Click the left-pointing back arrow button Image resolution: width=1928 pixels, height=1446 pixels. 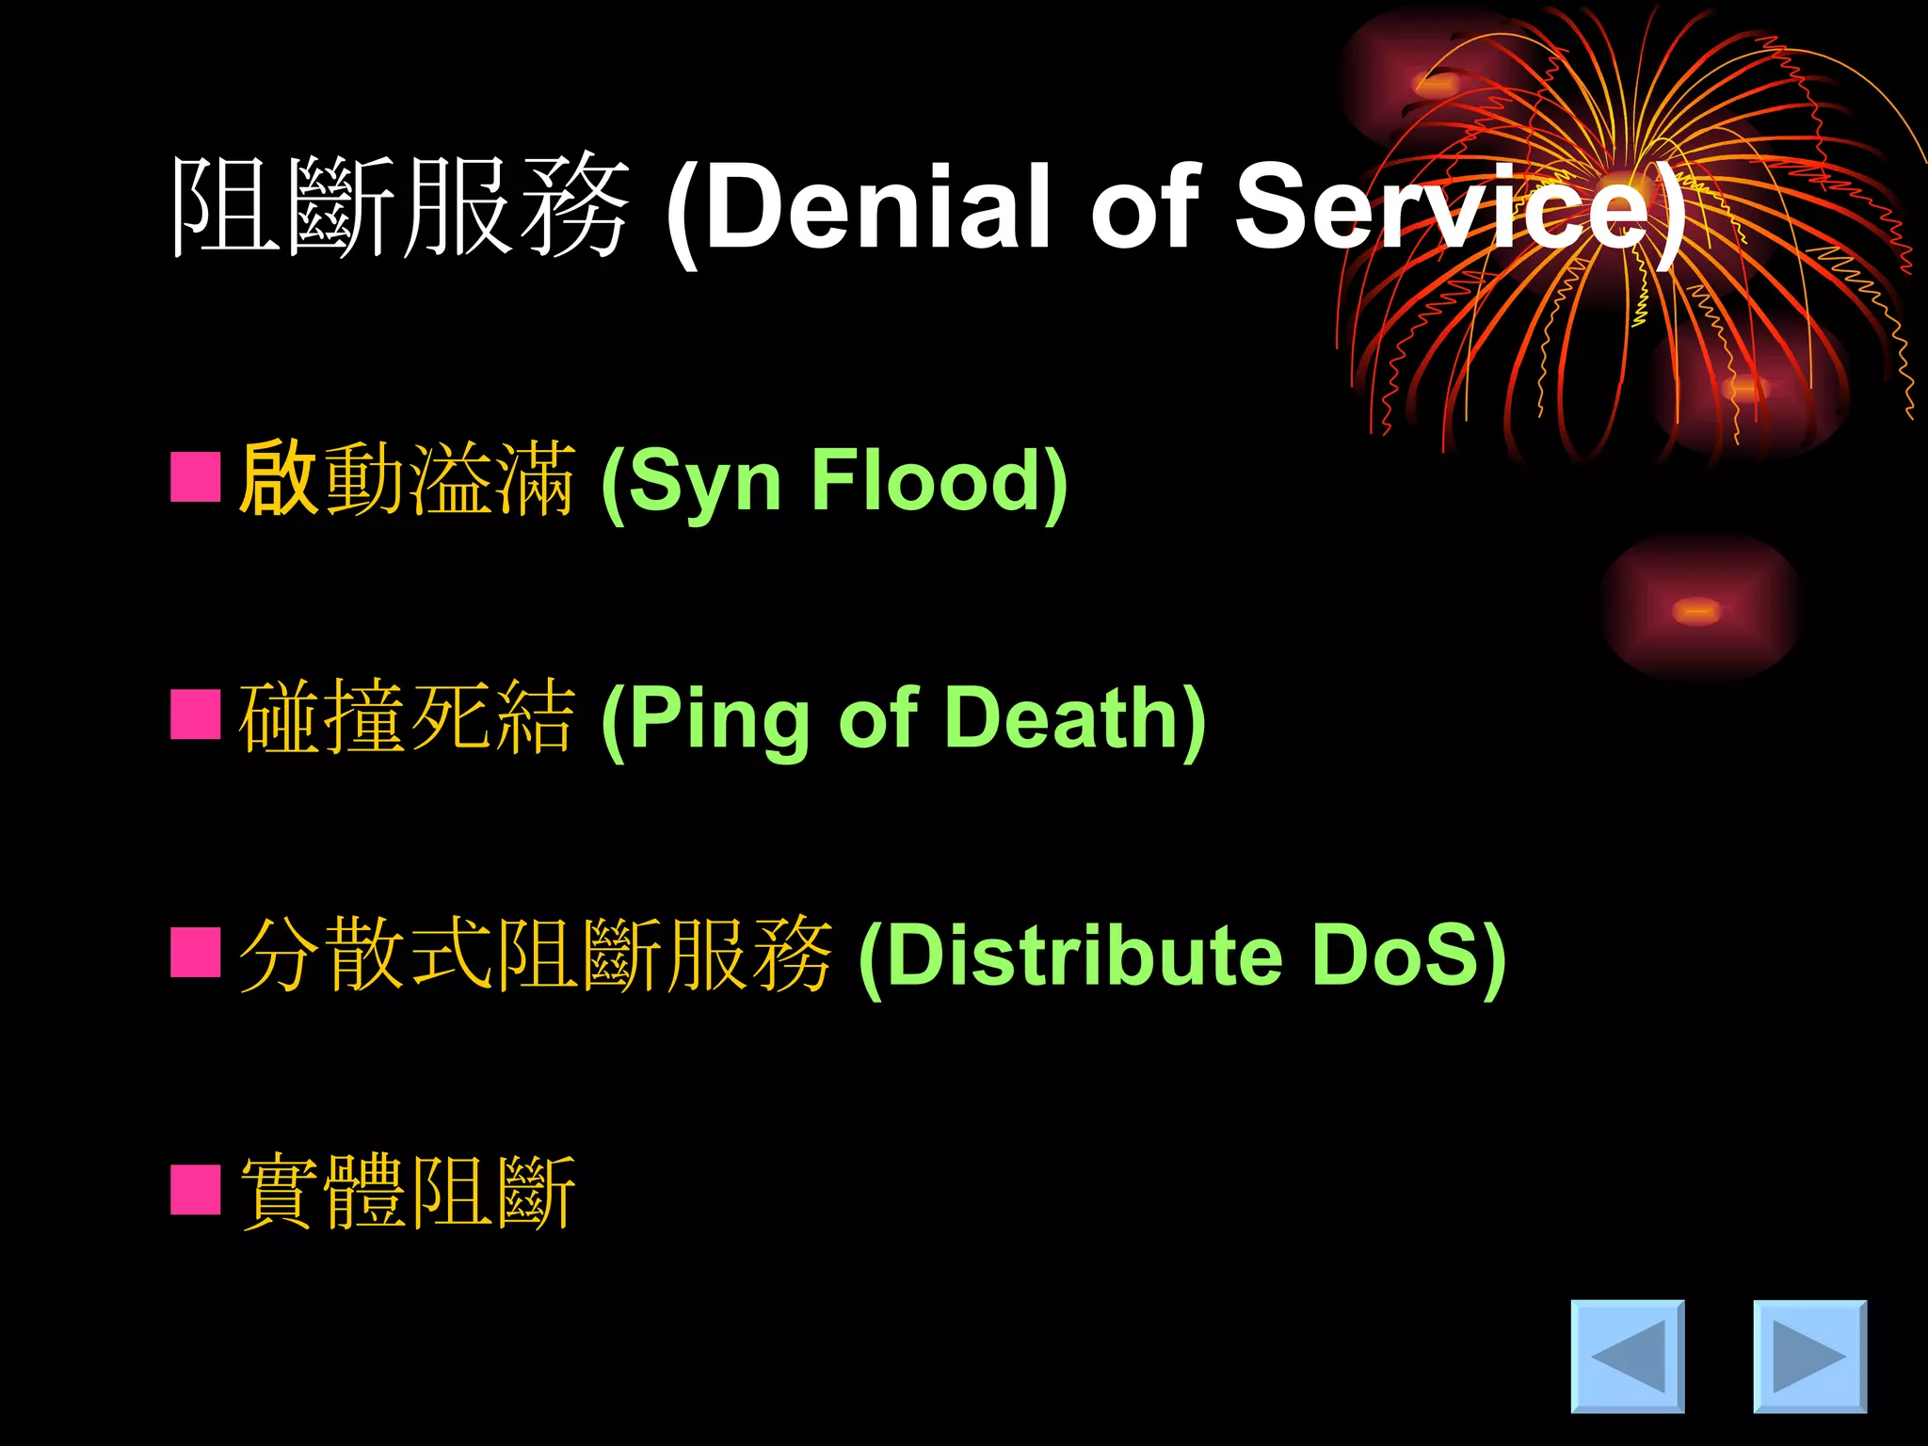(1627, 1356)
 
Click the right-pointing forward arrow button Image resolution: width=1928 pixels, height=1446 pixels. (1808, 1356)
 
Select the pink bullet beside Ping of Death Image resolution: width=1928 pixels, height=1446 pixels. (196, 715)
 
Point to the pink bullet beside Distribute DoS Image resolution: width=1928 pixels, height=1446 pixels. (196, 953)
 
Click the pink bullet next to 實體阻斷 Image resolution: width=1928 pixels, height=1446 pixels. (196, 1190)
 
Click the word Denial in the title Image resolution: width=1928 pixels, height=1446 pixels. (879, 207)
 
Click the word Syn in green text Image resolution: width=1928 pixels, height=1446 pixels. (704, 482)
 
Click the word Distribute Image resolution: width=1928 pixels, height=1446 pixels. (1083, 955)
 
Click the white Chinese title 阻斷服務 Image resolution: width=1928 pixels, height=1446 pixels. (400, 207)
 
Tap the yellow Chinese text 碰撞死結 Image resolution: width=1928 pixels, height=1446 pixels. (407, 717)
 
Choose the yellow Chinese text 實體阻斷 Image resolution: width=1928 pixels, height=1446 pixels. (407, 1192)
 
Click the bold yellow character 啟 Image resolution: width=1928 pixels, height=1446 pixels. (277, 478)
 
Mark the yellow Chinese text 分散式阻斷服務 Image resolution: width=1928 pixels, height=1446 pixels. (535, 955)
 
